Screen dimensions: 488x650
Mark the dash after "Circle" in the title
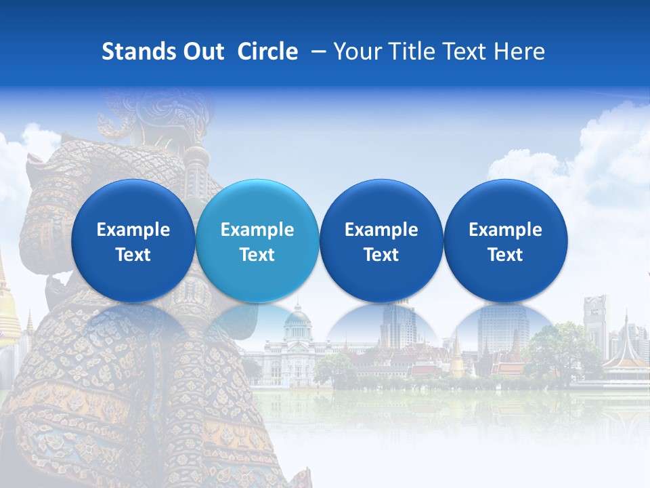click(316, 52)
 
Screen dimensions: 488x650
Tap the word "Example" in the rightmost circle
click(505, 230)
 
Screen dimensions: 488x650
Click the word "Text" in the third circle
click(381, 255)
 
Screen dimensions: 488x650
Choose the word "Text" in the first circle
click(133, 255)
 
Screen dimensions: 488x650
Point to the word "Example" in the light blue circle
click(257, 230)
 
